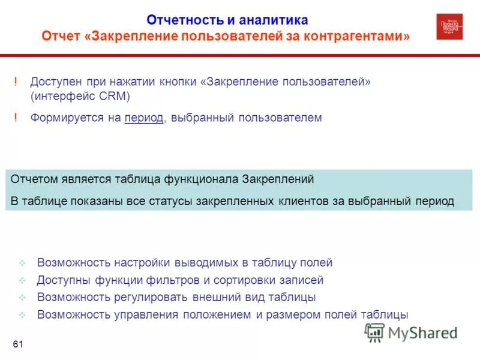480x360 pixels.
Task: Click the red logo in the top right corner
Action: coord(449,26)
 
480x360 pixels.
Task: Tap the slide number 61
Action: coord(17,344)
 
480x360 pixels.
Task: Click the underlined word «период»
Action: coord(144,118)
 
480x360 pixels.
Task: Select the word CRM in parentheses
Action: coord(114,95)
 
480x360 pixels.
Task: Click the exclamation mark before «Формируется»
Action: coord(16,118)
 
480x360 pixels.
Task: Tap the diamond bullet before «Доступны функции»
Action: coord(22,280)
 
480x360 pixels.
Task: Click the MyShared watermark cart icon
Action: coord(375,332)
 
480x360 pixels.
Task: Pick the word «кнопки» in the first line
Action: coord(181,81)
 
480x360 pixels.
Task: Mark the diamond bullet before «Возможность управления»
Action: coord(22,315)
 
